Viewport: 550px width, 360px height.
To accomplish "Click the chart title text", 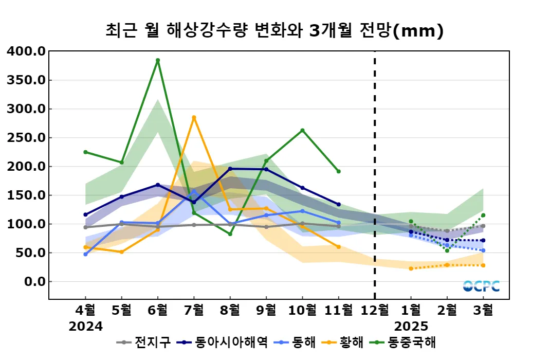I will click(274, 31).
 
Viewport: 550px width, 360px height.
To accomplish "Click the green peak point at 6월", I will click(158, 60).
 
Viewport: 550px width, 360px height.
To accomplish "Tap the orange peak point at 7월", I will click(194, 117).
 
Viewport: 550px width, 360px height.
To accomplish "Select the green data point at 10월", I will click(302, 130).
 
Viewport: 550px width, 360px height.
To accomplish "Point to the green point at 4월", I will click(85, 152).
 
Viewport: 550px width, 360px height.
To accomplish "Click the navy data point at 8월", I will click(230, 169).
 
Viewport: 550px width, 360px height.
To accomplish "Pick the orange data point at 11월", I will click(339, 247).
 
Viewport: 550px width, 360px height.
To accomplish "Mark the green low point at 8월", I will click(230, 234).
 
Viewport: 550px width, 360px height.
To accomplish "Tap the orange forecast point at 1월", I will click(411, 268).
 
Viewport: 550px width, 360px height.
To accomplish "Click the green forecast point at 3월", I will click(483, 215).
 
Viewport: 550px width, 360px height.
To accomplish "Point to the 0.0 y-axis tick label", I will click(34, 282).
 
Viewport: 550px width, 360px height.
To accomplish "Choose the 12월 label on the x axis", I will click(375, 311).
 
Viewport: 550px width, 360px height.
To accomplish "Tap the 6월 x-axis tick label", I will click(158, 311).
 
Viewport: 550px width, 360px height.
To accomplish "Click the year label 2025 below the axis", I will click(411, 326).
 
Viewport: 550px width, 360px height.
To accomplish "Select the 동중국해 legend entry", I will click(404, 342).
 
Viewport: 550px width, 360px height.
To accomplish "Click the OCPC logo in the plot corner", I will click(481, 286).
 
